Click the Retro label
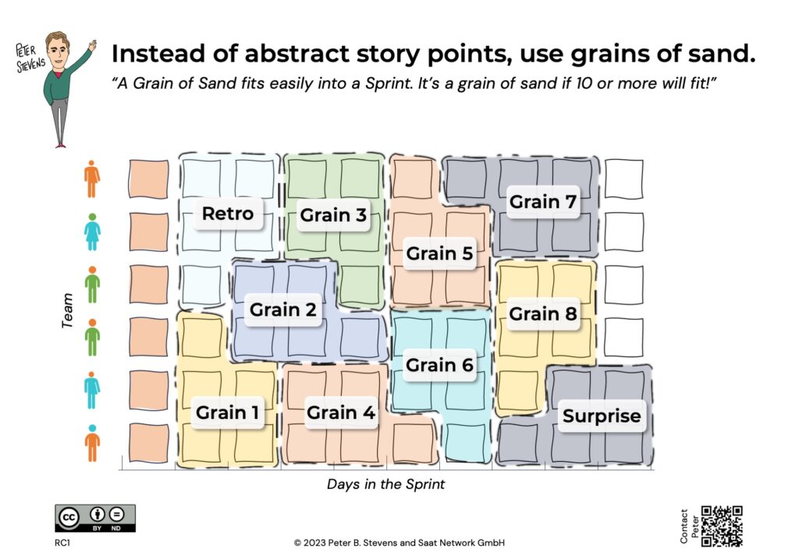click(x=228, y=214)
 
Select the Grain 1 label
click(x=227, y=412)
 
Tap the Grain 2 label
click(x=282, y=309)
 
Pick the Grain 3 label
click(x=333, y=215)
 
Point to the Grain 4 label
click(x=341, y=412)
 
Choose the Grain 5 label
click(x=439, y=253)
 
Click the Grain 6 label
click(x=439, y=364)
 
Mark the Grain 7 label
click(x=543, y=202)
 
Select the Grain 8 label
click(x=543, y=314)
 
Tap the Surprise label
click(x=602, y=416)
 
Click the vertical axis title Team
click(x=67, y=310)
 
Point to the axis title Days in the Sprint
click(x=385, y=484)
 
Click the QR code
click(x=722, y=526)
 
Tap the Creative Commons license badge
click(x=95, y=519)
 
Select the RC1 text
click(x=62, y=543)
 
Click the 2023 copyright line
click(x=399, y=543)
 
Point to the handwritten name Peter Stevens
click(x=30, y=58)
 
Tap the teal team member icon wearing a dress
click(x=92, y=232)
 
